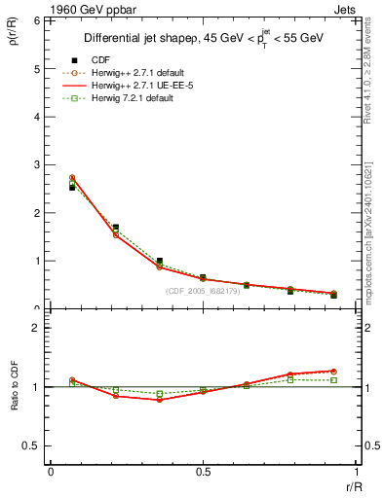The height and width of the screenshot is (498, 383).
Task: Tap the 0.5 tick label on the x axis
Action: [x=203, y=472]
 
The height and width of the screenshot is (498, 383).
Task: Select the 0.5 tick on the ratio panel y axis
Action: [x=32, y=445]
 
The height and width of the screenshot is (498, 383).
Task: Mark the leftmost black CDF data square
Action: [x=72, y=187]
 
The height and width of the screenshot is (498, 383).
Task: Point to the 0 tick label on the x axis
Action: [x=51, y=472]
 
